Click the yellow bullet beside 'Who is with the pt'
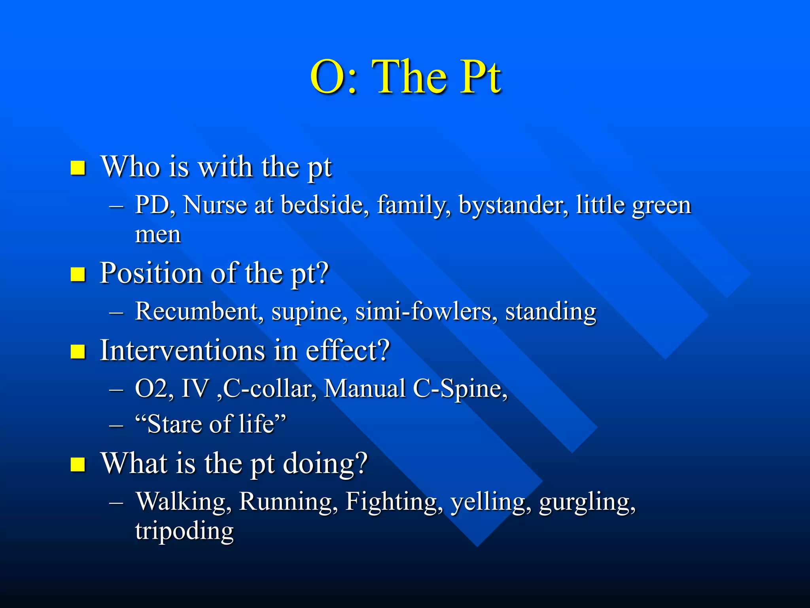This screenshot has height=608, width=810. point(78,168)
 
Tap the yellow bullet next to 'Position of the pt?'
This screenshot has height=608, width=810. point(78,274)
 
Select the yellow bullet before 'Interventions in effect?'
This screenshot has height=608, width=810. point(78,351)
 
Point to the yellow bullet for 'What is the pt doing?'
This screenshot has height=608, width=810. point(78,464)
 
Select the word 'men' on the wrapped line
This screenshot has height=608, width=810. point(158,235)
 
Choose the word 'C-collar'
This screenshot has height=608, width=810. point(269,389)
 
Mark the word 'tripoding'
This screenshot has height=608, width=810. point(184,532)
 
